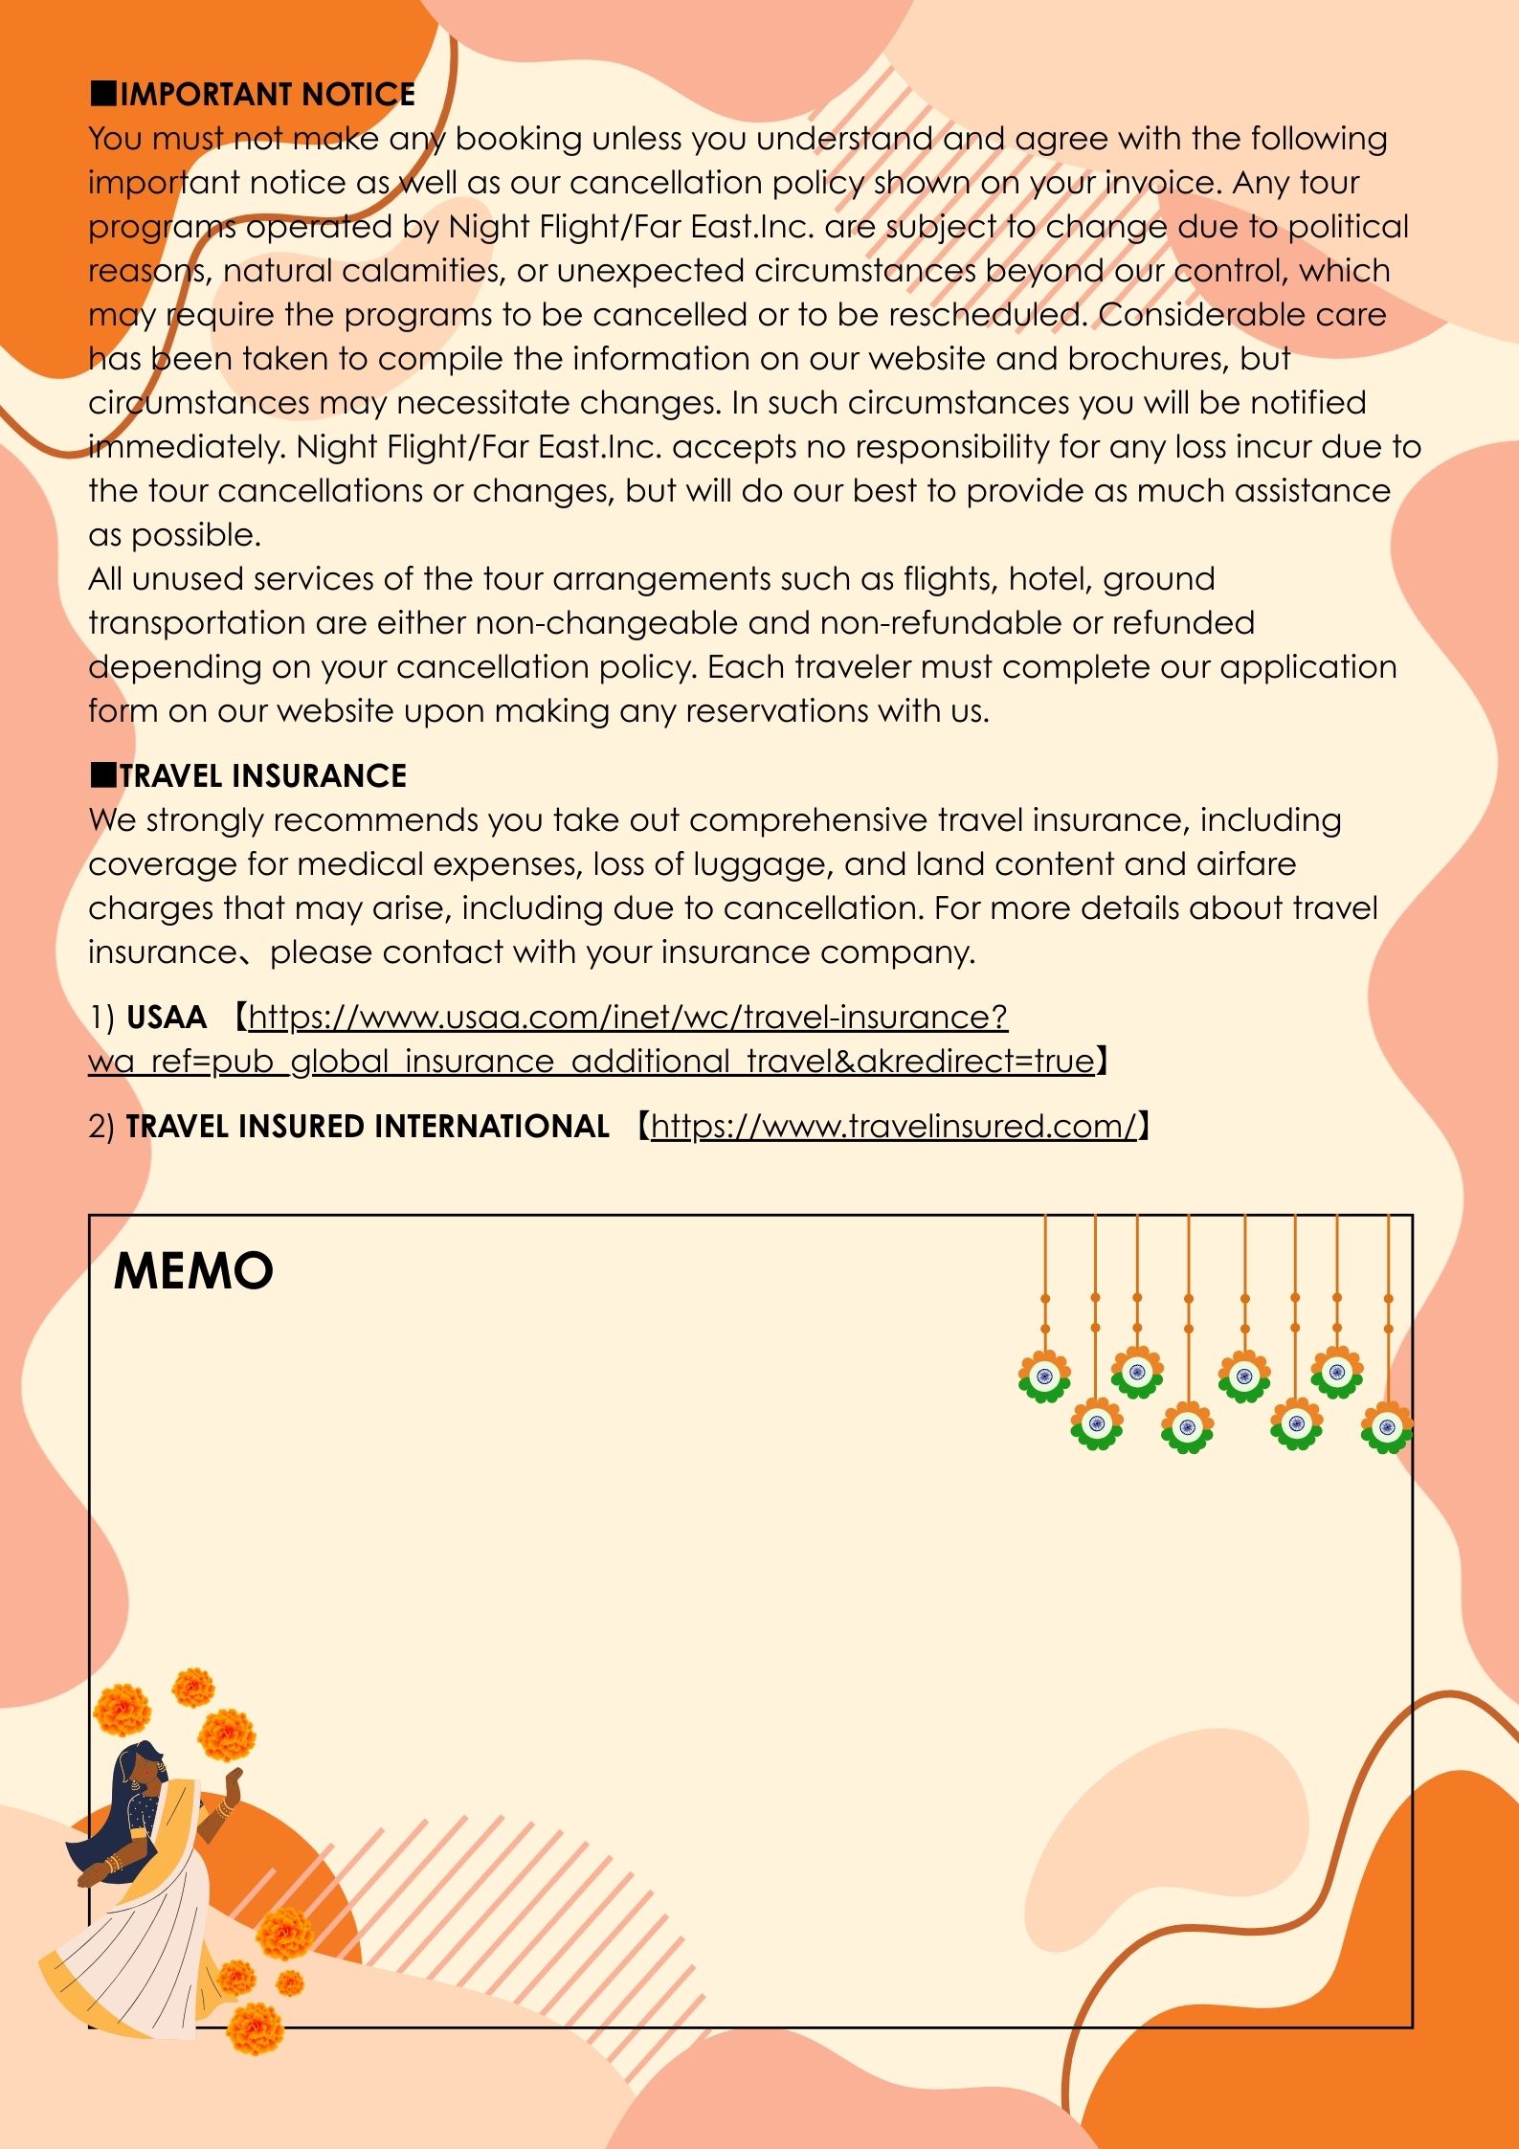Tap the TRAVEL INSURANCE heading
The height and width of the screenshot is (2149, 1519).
[262, 775]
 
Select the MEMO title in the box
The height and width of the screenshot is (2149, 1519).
[193, 1270]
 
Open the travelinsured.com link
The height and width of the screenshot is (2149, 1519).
[893, 1126]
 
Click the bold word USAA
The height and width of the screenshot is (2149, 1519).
[167, 1017]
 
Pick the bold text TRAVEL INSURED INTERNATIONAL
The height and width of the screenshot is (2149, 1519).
[368, 1126]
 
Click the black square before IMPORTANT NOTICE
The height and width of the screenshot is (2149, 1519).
[102, 94]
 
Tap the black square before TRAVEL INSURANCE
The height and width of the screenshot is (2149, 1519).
[102, 775]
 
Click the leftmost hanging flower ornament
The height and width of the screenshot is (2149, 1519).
[1044, 1377]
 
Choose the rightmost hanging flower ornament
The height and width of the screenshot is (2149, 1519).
[1387, 1428]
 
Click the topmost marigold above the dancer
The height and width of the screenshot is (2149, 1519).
[193, 1689]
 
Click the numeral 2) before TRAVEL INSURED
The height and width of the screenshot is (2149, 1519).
[101, 1127]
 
